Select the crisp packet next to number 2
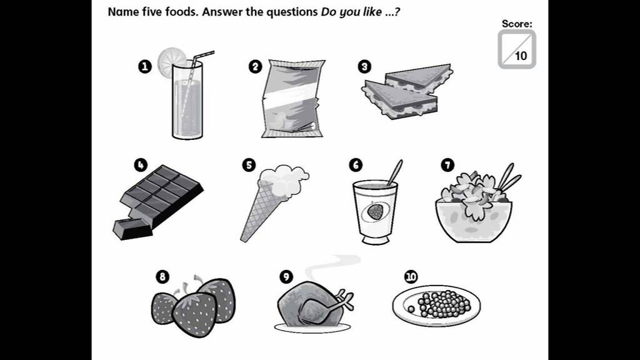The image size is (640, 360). [292, 98]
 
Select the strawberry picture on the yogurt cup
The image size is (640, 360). [374, 212]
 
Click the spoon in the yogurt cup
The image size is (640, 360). [395, 172]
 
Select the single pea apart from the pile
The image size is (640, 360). [411, 309]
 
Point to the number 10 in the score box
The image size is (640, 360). [521, 56]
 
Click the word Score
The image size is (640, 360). [517, 24]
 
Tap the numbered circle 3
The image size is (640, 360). [364, 66]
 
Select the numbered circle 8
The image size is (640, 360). [162, 277]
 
